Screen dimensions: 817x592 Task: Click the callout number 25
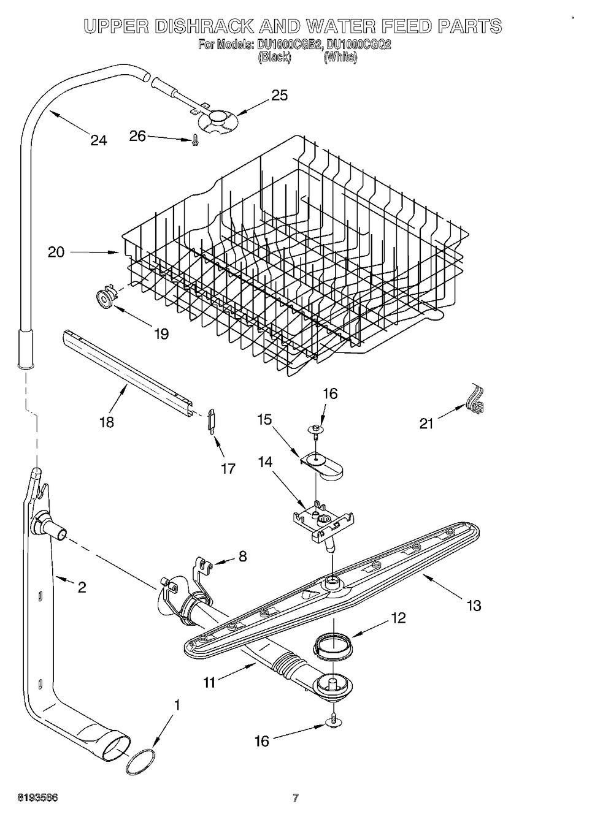point(279,96)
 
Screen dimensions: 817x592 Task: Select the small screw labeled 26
point(195,140)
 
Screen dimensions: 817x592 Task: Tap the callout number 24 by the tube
point(98,140)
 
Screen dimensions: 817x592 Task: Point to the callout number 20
point(56,252)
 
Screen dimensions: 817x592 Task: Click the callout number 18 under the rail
point(107,422)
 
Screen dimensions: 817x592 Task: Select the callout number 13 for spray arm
point(474,606)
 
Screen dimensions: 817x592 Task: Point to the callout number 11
point(210,682)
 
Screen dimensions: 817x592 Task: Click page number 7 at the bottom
point(295,797)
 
